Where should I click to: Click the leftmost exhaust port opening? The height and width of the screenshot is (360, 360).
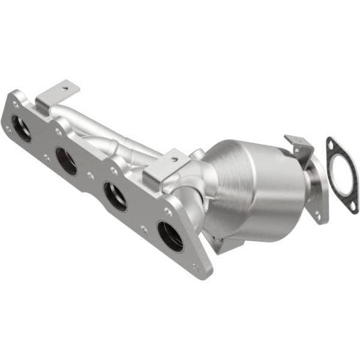(x=22, y=128)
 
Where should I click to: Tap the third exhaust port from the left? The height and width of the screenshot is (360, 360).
(x=115, y=196)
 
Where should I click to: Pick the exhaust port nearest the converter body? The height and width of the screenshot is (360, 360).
(x=171, y=236)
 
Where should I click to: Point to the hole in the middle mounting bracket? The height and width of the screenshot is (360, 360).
(x=173, y=159)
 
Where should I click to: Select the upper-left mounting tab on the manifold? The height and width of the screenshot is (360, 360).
(x=58, y=93)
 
